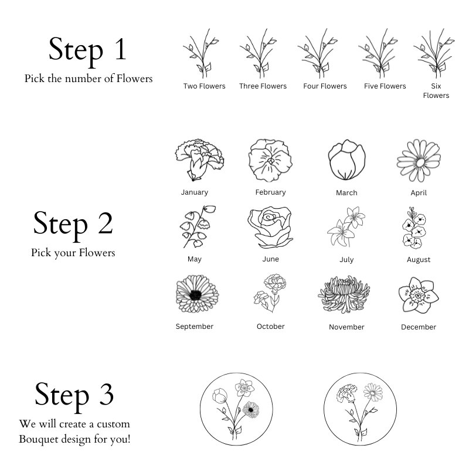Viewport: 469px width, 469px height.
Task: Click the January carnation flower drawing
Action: click(199, 159)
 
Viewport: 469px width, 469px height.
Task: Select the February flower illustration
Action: click(270, 160)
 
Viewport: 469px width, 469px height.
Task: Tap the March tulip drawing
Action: click(346, 159)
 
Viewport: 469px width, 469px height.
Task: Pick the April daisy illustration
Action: click(419, 161)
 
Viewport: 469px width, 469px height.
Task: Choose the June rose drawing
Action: click(270, 227)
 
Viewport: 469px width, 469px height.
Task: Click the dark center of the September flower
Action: click(195, 295)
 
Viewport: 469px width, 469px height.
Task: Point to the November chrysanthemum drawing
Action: click(344, 294)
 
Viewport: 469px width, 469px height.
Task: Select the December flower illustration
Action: click(419, 295)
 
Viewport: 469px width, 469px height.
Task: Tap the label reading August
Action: click(419, 260)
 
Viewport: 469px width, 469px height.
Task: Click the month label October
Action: click(270, 327)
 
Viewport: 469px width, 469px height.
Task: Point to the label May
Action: click(195, 259)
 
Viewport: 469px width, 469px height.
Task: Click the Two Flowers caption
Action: click(204, 86)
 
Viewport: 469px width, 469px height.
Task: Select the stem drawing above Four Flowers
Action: click(318, 53)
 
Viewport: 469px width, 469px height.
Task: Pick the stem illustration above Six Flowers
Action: click(434, 53)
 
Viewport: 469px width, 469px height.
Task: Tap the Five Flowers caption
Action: click(385, 86)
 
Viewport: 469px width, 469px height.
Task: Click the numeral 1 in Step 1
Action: click(121, 49)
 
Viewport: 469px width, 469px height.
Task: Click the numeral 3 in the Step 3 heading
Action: click(106, 394)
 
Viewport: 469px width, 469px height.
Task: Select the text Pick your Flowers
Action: click(73, 253)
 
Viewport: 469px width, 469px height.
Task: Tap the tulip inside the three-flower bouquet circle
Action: click(220, 396)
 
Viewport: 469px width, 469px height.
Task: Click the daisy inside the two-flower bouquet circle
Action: click(373, 392)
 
